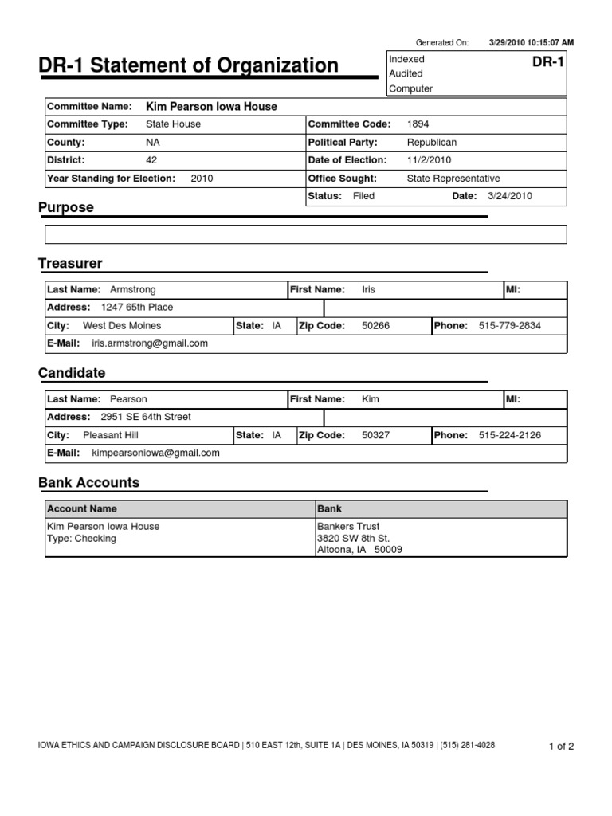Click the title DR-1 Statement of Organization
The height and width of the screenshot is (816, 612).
coord(189,65)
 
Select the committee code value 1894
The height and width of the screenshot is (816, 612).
coord(418,124)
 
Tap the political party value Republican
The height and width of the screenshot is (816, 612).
coord(431,143)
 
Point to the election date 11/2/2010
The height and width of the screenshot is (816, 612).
coord(429,160)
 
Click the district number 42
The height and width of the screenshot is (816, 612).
coord(151,160)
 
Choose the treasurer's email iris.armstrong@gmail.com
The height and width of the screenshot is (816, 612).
coord(150,343)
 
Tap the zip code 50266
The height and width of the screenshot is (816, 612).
coord(375,326)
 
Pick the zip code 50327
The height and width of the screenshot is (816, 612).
coord(375,435)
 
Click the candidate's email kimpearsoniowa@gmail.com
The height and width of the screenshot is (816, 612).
coord(155,453)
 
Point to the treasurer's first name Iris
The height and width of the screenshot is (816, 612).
coord(368,290)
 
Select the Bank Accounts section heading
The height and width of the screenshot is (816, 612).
coord(88,482)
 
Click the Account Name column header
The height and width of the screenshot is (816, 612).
coord(82,508)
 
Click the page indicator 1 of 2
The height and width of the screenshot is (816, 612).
coord(561,747)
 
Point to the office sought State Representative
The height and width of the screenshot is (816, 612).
coord(453,178)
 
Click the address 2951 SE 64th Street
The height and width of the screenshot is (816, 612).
coord(146,417)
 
